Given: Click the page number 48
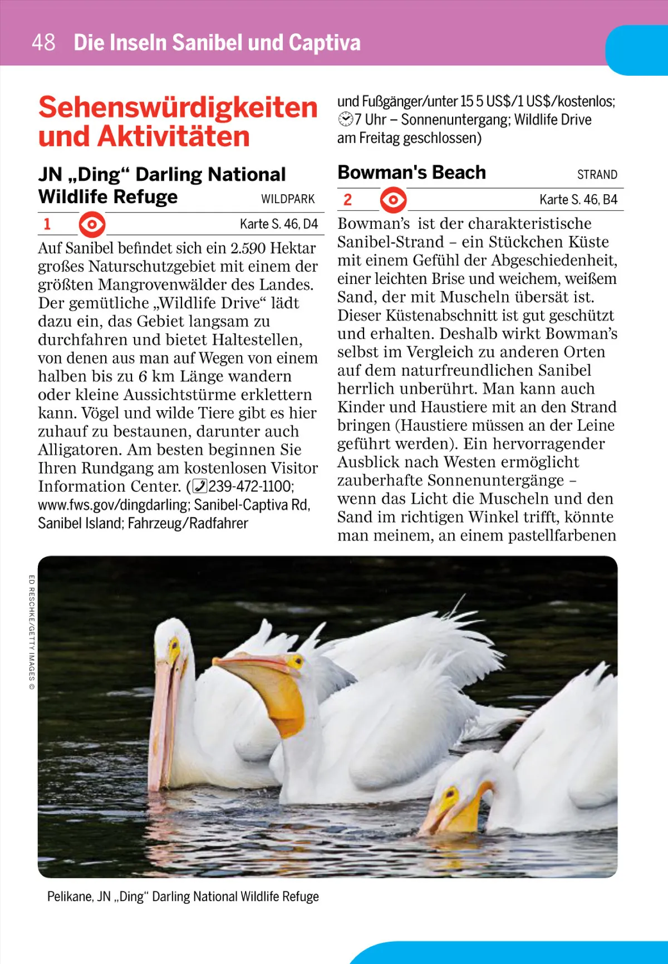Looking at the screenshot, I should pos(43,42).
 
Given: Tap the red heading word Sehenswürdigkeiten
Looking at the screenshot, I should pos(178,107).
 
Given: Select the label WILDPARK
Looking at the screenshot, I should pos(288,199).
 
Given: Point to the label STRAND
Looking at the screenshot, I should pos(597,175).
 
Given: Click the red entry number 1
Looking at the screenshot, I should pos(47,224).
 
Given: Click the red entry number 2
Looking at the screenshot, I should pos(347,200).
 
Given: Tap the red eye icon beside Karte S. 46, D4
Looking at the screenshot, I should pos(92,225).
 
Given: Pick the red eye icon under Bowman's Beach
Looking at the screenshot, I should pos(393,200).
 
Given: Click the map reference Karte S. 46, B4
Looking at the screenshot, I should pos(578,200).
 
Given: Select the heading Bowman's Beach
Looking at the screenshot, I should pos(412,173).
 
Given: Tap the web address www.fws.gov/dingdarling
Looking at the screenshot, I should pos(114,505).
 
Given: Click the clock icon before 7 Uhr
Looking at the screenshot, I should pos(346,120).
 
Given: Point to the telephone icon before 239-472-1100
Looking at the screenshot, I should pos(199,486).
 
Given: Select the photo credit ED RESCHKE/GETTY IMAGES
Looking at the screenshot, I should pos(32,632).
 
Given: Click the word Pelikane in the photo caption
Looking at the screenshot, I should pos(70,897).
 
